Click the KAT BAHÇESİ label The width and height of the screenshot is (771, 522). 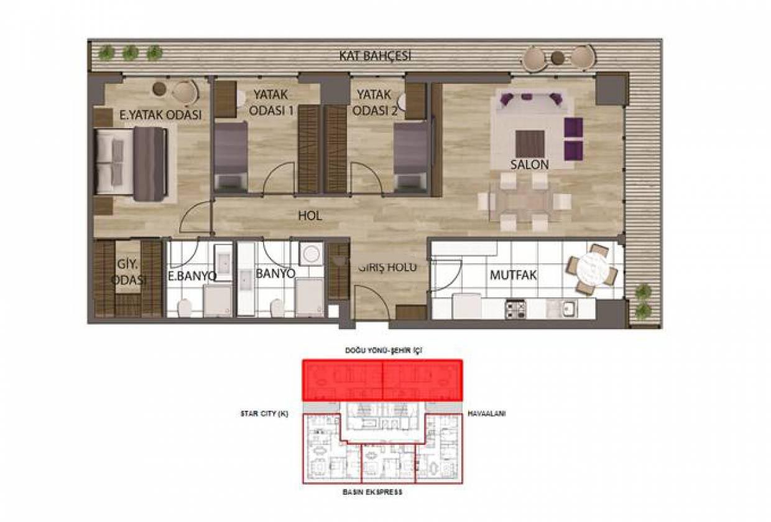[x=375, y=56]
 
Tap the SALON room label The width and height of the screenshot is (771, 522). [x=529, y=165]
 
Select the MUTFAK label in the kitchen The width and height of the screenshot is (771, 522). [x=513, y=275]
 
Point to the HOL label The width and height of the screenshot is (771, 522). [x=310, y=216]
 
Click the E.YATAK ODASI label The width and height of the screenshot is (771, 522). [x=160, y=114]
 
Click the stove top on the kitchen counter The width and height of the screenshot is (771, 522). [x=515, y=309]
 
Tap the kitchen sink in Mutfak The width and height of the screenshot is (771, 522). [x=562, y=309]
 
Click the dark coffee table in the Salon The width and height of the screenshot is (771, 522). [x=530, y=144]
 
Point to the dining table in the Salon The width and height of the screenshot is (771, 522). [x=524, y=202]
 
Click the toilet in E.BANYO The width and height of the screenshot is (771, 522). [x=185, y=308]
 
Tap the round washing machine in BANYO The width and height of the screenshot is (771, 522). [x=311, y=254]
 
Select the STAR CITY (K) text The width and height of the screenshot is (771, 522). [x=264, y=414]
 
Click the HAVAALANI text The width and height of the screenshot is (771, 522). [x=486, y=414]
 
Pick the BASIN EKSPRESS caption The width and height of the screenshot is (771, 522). [x=372, y=492]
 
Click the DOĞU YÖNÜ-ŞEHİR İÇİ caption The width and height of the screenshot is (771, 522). [x=384, y=350]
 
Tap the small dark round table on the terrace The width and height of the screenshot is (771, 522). [x=558, y=58]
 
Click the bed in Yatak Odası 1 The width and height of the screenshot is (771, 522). [x=231, y=157]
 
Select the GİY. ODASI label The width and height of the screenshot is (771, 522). [x=127, y=272]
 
